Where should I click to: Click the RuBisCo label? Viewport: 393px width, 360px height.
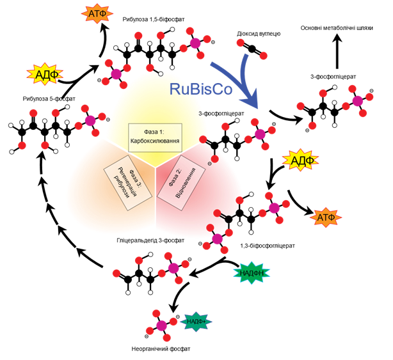(201, 89)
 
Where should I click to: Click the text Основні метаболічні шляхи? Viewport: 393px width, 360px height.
(337, 27)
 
